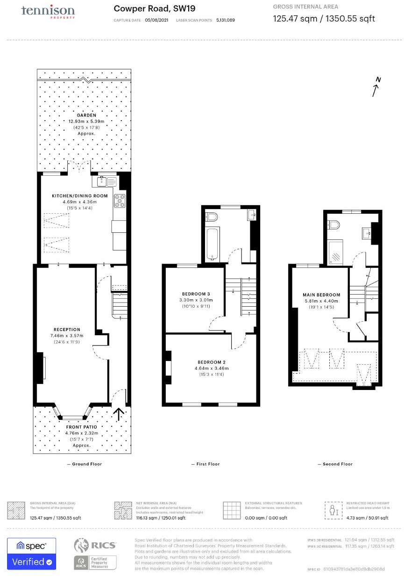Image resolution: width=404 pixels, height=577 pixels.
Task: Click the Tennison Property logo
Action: pos(48,11)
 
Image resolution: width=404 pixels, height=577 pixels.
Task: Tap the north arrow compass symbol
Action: pos(376,87)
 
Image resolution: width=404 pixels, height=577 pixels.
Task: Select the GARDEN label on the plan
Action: pos(87,115)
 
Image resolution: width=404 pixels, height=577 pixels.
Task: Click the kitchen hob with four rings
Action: pos(120,200)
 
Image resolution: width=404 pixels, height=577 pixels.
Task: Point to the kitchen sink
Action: pos(106,180)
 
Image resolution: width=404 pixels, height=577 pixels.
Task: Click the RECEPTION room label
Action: pos(67,329)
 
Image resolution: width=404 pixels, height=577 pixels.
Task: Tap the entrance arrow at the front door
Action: pos(119,414)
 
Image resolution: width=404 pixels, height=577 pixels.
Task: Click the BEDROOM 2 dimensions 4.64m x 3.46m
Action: pos(213,368)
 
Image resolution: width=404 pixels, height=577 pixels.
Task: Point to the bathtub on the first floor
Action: pos(213,245)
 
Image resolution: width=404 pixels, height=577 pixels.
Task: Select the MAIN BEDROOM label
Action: pos(321,295)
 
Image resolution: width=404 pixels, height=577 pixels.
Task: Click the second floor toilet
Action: pos(334,225)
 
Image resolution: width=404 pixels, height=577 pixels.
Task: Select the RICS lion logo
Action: pos(83,546)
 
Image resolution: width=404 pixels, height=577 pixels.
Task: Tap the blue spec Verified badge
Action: pos(31,554)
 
